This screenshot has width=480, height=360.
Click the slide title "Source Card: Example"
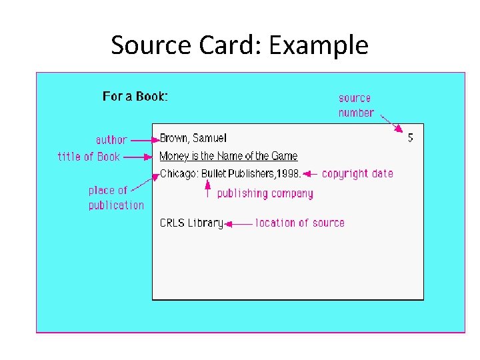(239, 45)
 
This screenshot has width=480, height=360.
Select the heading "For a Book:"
(135, 97)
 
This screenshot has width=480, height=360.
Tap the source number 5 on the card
(410, 138)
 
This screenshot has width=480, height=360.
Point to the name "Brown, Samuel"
(193, 139)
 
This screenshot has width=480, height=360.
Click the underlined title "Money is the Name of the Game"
(228, 157)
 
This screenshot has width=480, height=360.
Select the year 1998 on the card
(288, 174)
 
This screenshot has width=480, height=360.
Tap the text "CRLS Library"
(191, 223)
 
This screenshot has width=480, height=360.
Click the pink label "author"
(111, 140)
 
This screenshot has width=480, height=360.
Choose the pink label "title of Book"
(89, 157)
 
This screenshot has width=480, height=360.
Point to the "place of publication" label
(115, 198)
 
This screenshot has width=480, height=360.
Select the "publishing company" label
(265, 194)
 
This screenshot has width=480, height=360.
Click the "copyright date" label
(357, 174)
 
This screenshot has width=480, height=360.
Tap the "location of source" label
(300, 223)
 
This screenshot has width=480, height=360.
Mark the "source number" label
(355, 105)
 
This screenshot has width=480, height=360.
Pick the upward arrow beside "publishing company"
(207, 190)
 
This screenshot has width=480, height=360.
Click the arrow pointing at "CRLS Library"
(239, 224)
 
